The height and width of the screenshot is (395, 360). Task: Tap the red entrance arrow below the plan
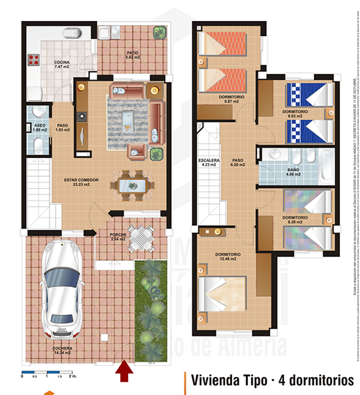(125, 372)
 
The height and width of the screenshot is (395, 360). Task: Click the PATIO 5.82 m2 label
(132, 54)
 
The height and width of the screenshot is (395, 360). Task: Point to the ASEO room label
(40, 127)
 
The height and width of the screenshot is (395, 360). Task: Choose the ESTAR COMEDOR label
(81, 183)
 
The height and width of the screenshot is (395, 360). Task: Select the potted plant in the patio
(159, 33)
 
